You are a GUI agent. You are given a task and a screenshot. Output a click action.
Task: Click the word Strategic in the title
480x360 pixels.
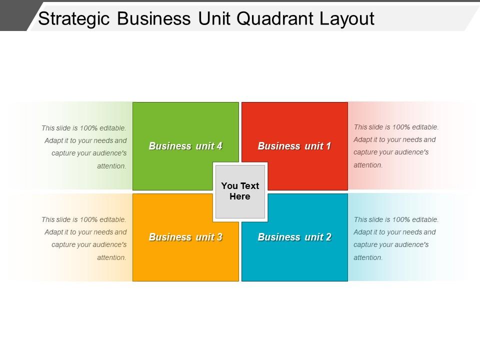pyautogui.click(x=74, y=19)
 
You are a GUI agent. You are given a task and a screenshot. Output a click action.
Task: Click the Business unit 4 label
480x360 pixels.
pyautogui.click(x=185, y=146)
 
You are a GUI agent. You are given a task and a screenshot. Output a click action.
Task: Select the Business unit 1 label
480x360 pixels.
pyautogui.click(x=294, y=146)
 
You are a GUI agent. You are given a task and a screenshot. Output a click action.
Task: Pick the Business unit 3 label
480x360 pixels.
pyautogui.click(x=185, y=237)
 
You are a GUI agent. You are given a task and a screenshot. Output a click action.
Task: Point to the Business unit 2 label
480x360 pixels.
pyautogui.click(x=294, y=237)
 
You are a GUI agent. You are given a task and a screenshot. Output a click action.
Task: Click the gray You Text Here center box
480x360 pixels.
pyautogui.click(x=240, y=191)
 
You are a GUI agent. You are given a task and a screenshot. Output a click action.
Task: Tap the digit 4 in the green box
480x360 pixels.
pyautogui.click(x=218, y=146)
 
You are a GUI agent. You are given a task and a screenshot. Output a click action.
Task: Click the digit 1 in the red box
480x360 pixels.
pyautogui.click(x=328, y=146)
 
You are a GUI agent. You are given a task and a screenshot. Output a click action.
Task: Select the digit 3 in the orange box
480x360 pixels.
pyautogui.click(x=219, y=237)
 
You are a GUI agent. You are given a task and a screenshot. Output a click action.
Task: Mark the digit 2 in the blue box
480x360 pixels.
pyautogui.click(x=328, y=237)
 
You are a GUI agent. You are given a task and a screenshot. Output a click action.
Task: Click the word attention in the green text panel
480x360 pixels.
pyautogui.click(x=111, y=166)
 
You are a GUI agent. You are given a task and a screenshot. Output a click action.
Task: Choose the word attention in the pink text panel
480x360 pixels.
pyautogui.click(x=368, y=165)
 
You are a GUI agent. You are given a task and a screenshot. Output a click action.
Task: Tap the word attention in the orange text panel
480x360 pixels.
pyautogui.click(x=111, y=257)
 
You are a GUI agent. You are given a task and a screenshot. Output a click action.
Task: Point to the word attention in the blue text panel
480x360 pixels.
pyautogui.click(x=368, y=257)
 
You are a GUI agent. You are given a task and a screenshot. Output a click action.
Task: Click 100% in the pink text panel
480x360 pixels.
pyautogui.click(x=401, y=127)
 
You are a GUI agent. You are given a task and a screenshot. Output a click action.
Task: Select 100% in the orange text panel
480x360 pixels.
pyautogui.click(x=89, y=219)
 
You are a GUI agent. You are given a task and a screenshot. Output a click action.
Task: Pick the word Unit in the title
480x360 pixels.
pyautogui.click(x=214, y=18)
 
